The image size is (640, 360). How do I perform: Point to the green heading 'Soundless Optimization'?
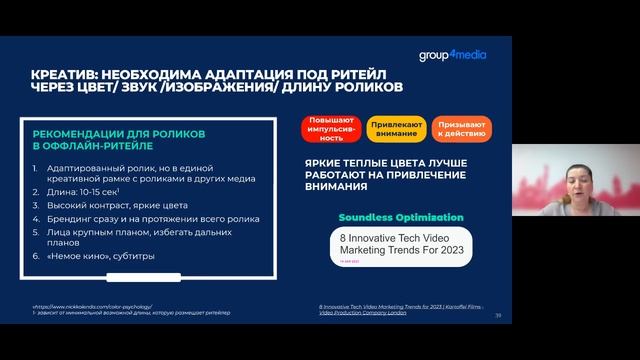coord(400,217)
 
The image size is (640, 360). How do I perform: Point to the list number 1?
coord(35,164)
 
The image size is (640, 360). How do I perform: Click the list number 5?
coord(35,231)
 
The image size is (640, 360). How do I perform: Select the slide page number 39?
coord(497,315)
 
